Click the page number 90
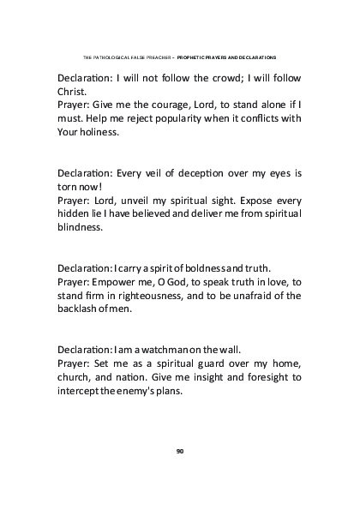coord(180,450)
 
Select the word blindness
coord(80,227)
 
